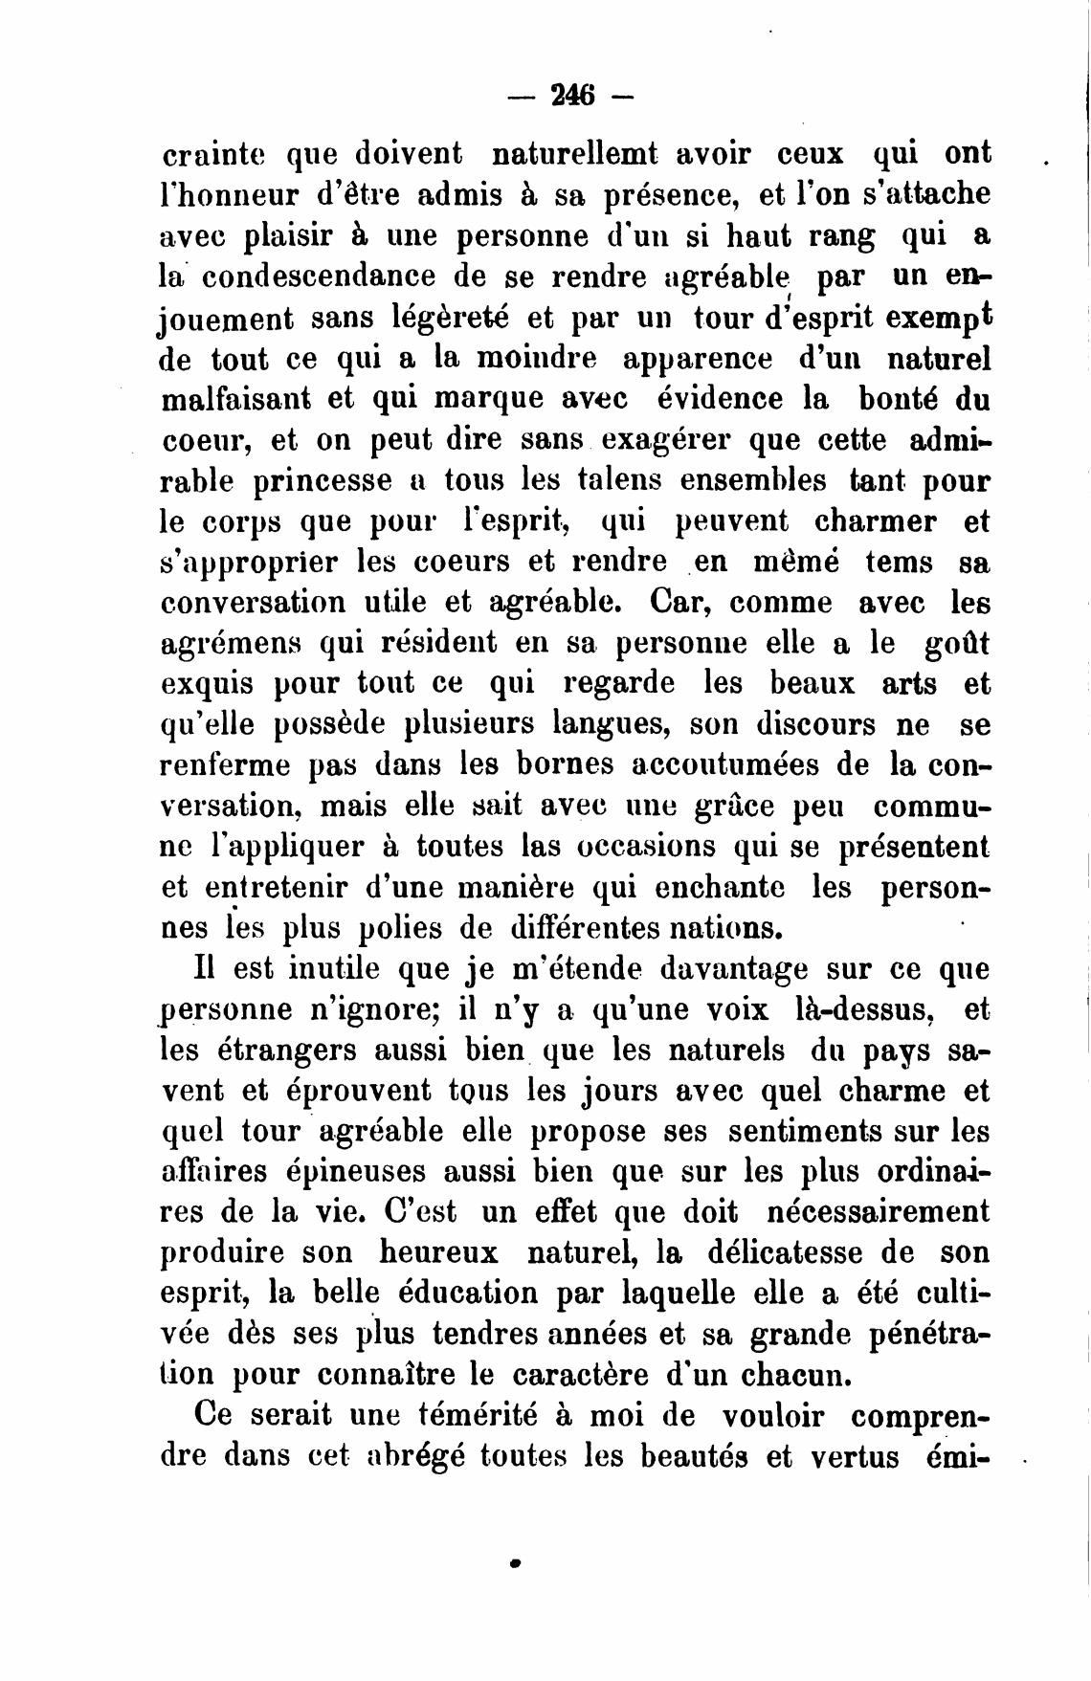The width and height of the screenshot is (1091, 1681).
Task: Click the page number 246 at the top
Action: point(572,96)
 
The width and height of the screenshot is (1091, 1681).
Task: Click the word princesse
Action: point(323,480)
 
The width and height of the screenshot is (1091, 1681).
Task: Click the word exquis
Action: point(207,685)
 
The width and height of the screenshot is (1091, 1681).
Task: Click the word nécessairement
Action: point(879,1212)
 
